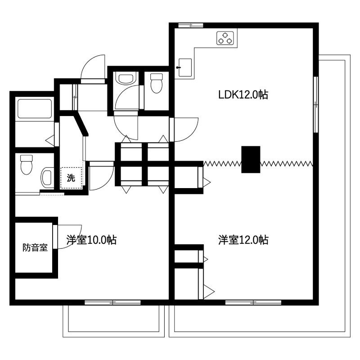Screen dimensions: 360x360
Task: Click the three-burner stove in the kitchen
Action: point(226,38)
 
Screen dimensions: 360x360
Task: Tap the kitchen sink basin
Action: point(184,67)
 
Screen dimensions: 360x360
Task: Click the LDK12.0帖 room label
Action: point(243,95)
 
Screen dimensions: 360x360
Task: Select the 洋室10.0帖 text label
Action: point(91,240)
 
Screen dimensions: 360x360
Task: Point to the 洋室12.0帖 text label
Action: point(243,240)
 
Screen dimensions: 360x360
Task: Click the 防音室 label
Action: point(35,247)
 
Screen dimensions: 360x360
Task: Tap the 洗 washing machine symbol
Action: point(71,178)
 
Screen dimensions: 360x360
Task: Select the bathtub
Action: point(34,109)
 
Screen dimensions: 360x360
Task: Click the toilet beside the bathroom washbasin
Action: point(27,165)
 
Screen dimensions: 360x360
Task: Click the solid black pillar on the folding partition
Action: point(251,159)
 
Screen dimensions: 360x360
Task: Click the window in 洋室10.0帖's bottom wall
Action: point(106,302)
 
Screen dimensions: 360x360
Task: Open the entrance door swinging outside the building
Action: point(94,67)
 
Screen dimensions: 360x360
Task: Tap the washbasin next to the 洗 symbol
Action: point(47,179)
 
